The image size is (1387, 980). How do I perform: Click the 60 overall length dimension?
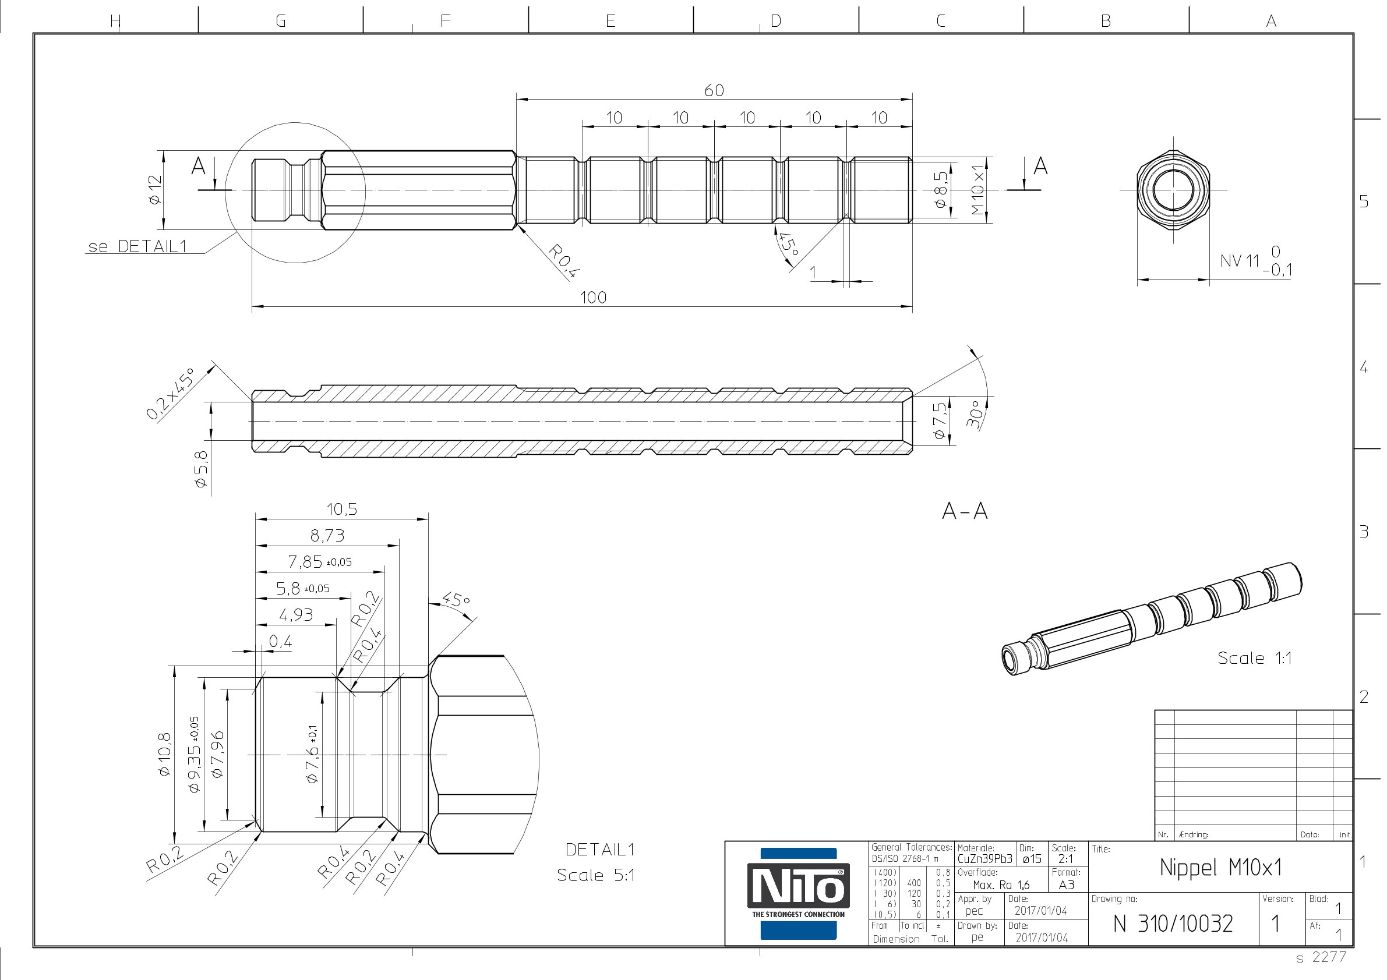click(714, 91)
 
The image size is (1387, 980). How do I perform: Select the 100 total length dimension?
click(593, 297)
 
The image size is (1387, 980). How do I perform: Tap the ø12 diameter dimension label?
click(156, 190)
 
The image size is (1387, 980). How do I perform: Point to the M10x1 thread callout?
click(977, 191)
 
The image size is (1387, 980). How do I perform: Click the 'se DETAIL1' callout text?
click(137, 246)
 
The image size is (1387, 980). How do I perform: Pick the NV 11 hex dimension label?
click(1240, 261)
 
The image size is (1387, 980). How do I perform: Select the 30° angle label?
click(974, 413)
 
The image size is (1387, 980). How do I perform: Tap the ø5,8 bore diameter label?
click(200, 469)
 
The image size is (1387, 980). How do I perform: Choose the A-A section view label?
click(965, 511)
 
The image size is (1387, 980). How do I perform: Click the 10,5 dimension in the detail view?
click(342, 509)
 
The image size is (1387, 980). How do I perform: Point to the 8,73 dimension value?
click(327, 536)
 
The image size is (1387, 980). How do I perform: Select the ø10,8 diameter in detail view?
click(164, 754)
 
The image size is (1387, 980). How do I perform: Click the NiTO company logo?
click(798, 893)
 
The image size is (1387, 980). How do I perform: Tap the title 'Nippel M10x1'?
click(1220, 868)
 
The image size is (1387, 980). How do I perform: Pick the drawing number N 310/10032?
click(1173, 924)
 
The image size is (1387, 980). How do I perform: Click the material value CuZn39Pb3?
click(984, 859)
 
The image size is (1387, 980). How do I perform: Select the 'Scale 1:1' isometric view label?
click(1255, 658)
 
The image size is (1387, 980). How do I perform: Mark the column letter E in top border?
click(610, 21)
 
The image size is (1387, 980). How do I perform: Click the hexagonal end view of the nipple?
click(1173, 190)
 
